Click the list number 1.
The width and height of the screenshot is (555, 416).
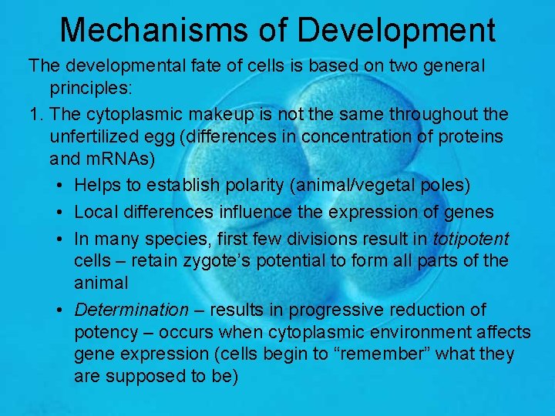[34, 115]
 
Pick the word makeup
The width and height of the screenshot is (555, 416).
[218, 115]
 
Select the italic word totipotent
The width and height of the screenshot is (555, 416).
[471, 237]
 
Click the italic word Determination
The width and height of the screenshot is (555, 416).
[131, 310]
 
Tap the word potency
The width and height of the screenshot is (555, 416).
[105, 332]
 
